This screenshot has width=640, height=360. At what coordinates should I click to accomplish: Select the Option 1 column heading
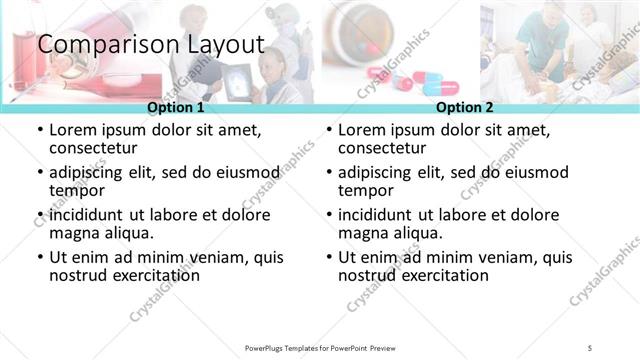176,107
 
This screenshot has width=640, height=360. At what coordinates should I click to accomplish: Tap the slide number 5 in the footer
590,347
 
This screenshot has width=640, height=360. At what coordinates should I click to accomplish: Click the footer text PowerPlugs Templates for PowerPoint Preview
320,347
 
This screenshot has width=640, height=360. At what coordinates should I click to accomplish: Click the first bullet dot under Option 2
328,131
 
